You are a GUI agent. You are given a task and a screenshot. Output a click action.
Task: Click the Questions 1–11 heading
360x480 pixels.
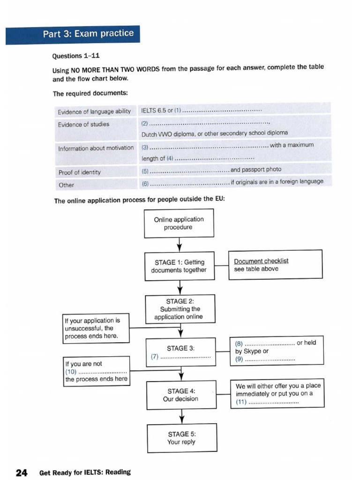pos(73,56)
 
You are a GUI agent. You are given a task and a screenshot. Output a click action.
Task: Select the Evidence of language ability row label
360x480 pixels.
pos(94,112)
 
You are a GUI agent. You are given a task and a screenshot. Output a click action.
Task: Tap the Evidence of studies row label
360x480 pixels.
pos(83,124)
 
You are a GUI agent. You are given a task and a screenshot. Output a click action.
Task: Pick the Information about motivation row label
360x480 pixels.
pos(96,148)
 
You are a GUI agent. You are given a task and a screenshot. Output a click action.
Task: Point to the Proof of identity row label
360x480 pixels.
pos(79,172)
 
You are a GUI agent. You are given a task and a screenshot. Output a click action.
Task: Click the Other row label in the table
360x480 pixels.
pos(66,185)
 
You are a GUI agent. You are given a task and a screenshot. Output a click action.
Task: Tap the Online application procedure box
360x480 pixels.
pos(179,224)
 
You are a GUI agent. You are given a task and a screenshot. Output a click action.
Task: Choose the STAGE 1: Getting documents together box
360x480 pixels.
pos(179,266)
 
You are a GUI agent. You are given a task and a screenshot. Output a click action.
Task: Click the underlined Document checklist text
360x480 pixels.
pos(261,261)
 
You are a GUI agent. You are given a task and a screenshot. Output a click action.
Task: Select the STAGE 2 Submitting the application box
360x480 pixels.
pos(180,309)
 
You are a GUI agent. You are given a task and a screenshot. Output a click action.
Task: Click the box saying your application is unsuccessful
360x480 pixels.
pos(96,328)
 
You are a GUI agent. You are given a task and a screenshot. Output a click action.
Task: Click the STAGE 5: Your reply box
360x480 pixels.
pos(182,438)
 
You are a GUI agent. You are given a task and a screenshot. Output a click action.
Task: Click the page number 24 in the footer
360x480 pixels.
pos(22,472)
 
